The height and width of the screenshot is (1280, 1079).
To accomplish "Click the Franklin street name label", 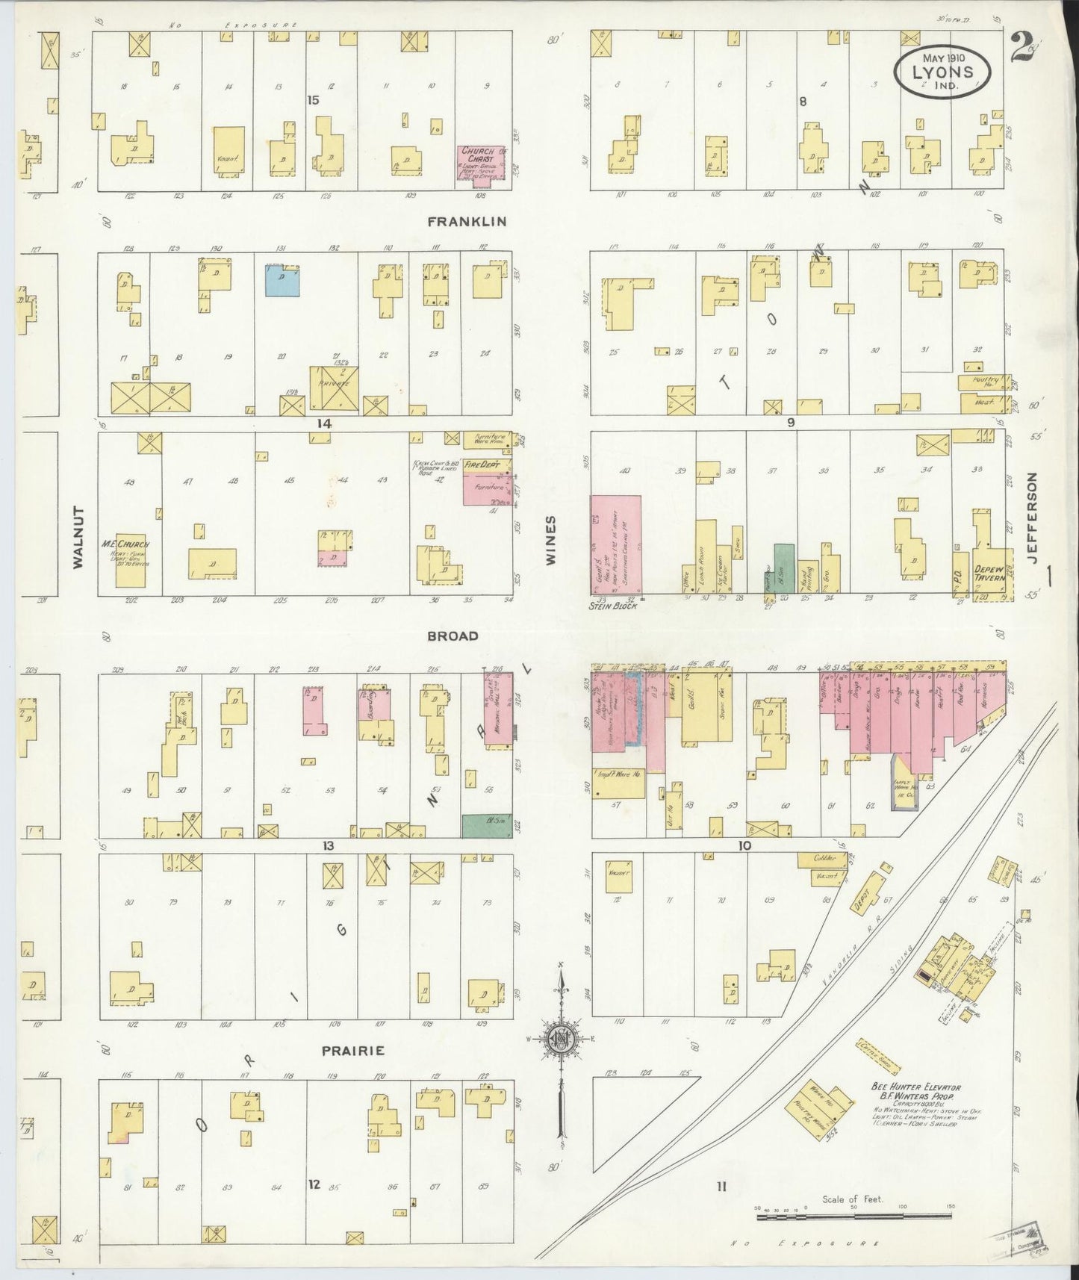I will pos(467,222).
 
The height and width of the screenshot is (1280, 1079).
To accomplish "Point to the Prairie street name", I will pos(352,1051).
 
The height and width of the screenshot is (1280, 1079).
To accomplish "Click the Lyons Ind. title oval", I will pos(943,72).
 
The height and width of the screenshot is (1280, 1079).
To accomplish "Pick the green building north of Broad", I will pos(783,568).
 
